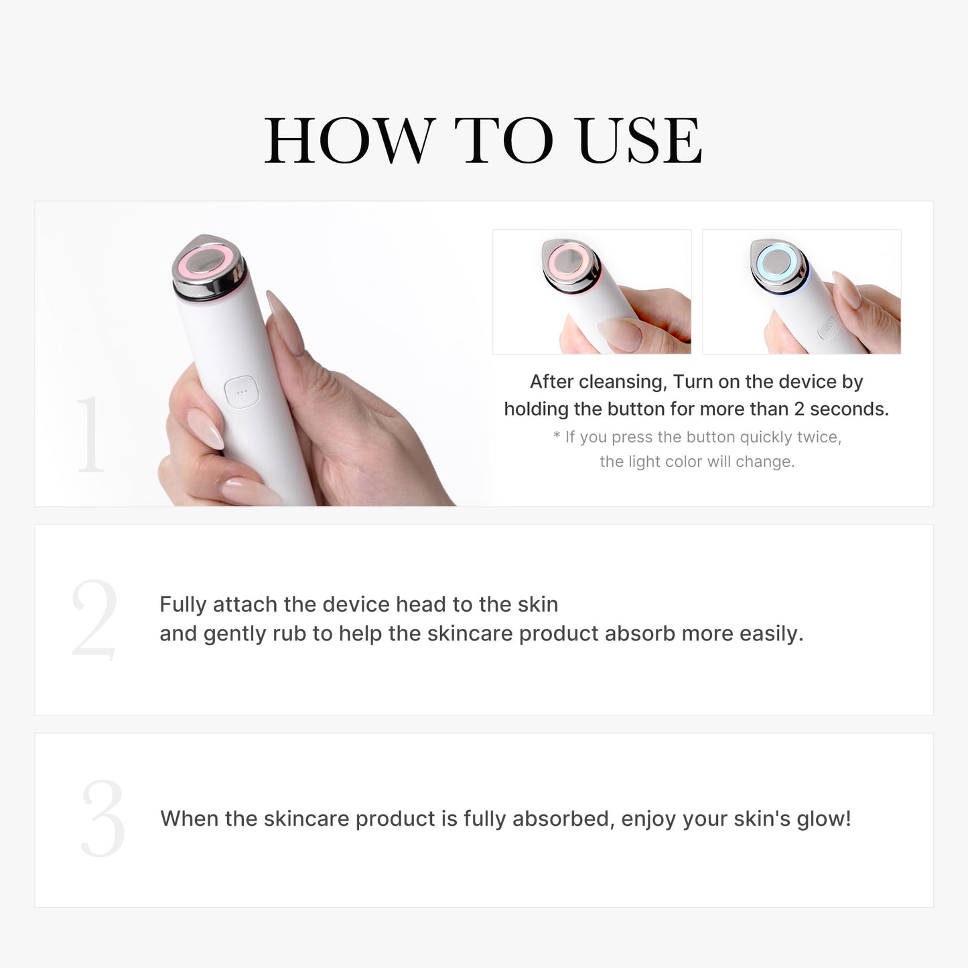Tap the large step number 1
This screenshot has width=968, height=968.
tap(90, 435)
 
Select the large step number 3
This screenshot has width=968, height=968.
tap(102, 818)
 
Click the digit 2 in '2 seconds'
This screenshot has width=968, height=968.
tap(799, 409)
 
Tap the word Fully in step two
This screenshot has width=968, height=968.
tap(183, 605)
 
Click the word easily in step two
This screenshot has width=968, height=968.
tap(770, 634)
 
